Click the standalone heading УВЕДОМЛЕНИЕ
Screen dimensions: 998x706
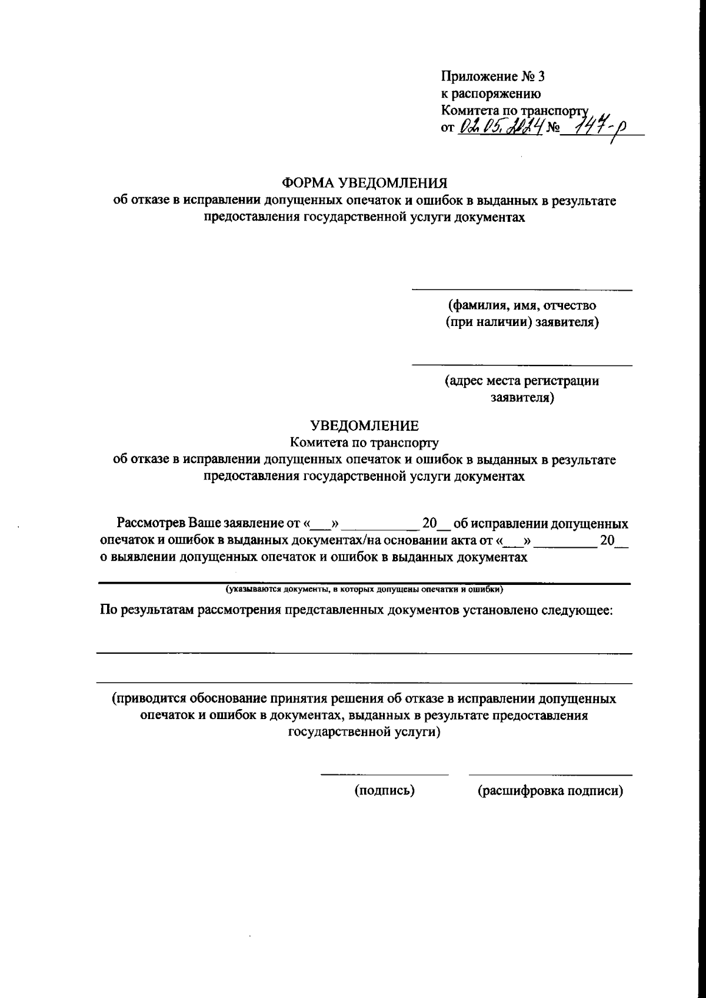tap(364, 425)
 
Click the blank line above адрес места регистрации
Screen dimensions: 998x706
tap(521, 366)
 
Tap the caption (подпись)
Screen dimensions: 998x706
tap(384, 791)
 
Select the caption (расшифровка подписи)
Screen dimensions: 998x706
tap(550, 791)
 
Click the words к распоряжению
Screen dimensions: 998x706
tap(491, 94)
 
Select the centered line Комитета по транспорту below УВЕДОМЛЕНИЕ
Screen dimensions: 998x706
tap(364, 443)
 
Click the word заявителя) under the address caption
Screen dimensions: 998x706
tap(522, 398)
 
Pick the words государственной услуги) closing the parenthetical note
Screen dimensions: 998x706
tap(364, 733)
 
